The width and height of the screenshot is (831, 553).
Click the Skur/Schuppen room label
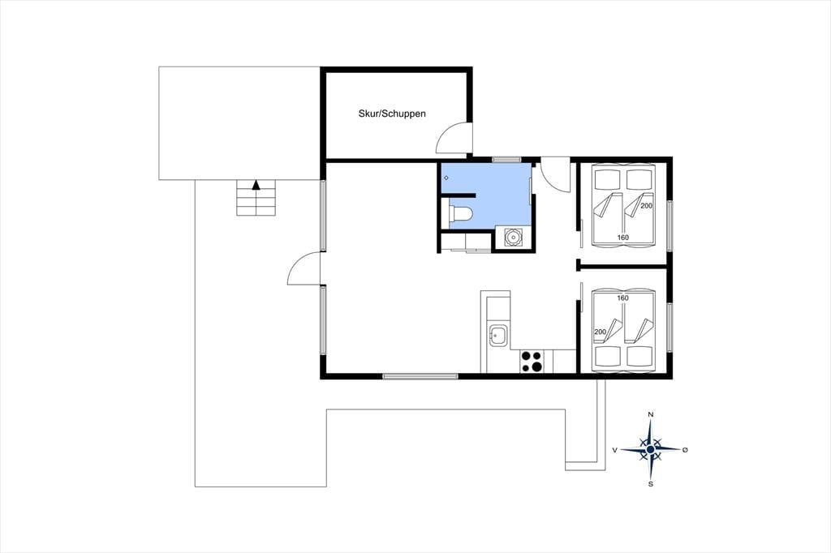(392, 114)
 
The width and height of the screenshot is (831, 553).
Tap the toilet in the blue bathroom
(461, 214)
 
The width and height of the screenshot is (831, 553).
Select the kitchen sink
(497, 336)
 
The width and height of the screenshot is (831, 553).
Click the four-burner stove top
(532, 362)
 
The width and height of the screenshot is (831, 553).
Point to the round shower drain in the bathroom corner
(513, 238)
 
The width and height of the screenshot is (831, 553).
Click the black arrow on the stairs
(256, 184)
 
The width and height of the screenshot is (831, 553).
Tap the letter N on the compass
(651, 414)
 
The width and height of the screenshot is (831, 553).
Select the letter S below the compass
(651, 483)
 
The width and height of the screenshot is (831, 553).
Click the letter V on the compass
(615, 450)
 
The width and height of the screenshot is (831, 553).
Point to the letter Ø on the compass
(685, 450)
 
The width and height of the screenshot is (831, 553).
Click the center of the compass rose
(650, 449)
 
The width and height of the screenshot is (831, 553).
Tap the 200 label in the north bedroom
(647, 205)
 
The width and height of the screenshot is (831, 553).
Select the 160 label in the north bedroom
(622, 238)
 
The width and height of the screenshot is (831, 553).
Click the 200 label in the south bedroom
(600, 332)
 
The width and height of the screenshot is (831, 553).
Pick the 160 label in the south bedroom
(622, 298)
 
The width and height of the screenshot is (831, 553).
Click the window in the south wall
(420, 376)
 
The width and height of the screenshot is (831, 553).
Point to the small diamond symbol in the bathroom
(446, 178)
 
